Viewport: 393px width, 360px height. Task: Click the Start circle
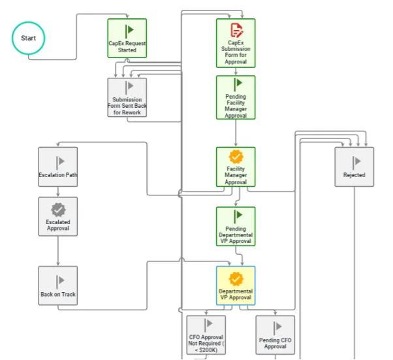[x=28, y=38]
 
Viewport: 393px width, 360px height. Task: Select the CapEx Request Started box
[x=127, y=38]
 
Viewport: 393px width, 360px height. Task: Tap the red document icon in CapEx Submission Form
[x=236, y=30]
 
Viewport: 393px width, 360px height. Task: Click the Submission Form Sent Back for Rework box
[x=127, y=97]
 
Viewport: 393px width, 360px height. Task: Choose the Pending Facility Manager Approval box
[x=236, y=97]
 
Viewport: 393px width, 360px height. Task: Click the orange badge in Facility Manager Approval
[x=236, y=157]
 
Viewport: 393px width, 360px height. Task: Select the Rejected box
[x=354, y=167]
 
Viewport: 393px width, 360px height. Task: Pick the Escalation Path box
[x=58, y=167]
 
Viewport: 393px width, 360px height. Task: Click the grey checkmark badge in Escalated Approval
[x=58, y=210]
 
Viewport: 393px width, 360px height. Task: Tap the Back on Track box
[x=58, y=286]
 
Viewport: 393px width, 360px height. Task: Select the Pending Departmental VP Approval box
[x=236, y=226]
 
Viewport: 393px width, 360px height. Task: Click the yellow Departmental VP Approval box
[x=236, y=286]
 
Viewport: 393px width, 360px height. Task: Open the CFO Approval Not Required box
[x=206, y=335]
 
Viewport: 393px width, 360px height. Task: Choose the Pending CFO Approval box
[x=275, y=335]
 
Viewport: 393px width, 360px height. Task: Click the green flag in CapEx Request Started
[x=129, y=31]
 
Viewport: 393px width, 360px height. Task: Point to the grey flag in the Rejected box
[x=356, y=162]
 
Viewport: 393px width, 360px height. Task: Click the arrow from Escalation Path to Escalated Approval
[x=58, y=191]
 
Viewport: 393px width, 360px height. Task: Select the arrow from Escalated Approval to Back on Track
[x=58, y=251]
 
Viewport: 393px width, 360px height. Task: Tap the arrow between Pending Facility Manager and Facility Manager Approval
[x=236, y=133]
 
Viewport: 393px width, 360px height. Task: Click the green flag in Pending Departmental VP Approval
[x=238, y=216]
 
